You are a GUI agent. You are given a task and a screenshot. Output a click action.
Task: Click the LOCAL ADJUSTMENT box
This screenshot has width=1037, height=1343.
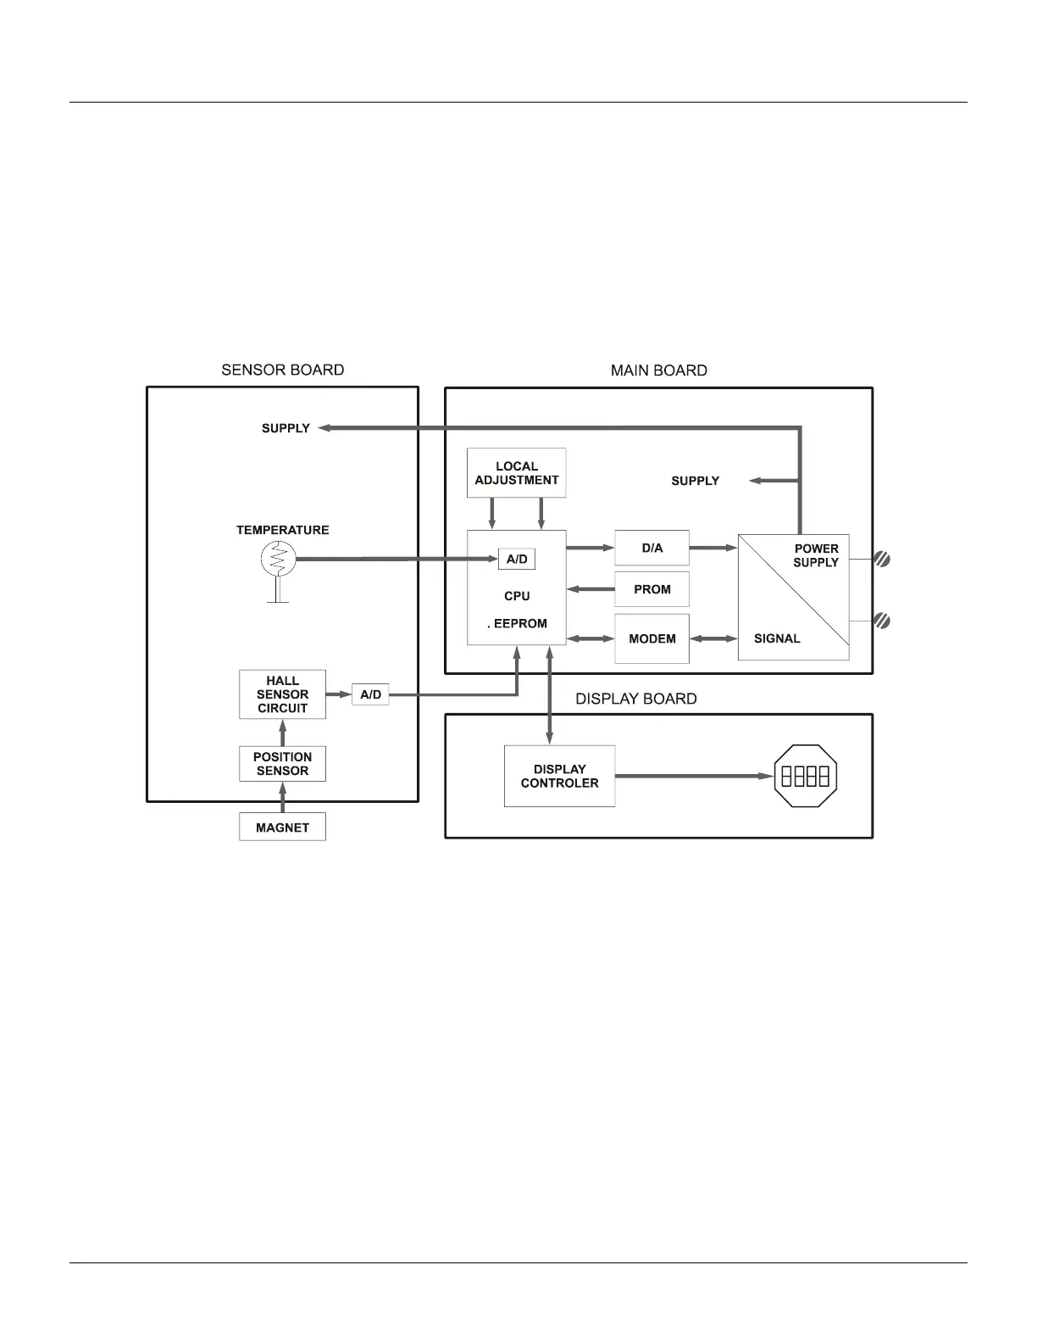(516, 473)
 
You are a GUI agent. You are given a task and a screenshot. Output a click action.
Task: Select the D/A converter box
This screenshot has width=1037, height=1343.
(652, 548)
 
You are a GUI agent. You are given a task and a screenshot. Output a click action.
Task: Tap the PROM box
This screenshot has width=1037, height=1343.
(652, 589)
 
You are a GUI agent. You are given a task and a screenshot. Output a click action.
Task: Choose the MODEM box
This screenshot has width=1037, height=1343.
(652, 638)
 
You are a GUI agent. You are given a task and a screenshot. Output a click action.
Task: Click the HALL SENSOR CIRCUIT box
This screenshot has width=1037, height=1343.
(282, 694)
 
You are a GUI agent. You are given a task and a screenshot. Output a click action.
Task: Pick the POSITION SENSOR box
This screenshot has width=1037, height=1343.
(282, 764)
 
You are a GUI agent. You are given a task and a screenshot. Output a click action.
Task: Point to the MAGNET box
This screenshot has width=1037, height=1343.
(282, 828)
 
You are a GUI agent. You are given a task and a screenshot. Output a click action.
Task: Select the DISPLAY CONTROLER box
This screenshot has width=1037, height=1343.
(559, 776)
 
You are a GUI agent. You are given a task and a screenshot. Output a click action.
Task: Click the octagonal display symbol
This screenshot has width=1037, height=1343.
(805, 776)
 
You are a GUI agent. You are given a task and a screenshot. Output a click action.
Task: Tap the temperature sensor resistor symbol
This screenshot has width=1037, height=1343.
(278, 559)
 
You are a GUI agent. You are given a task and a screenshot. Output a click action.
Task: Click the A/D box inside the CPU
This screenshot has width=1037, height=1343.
(517, 560)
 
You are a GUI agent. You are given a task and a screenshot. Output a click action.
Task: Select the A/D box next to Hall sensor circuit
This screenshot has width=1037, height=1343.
(370, 694)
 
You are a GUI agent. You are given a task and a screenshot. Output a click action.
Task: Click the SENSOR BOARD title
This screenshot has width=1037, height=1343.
(282, 370)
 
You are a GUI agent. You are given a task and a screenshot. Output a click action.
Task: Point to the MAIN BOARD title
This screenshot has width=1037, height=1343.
(658, 371)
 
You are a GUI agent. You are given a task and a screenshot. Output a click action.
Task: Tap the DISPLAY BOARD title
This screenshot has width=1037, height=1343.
(635, 699)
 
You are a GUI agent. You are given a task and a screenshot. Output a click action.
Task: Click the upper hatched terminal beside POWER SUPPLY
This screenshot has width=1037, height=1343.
(882, 560)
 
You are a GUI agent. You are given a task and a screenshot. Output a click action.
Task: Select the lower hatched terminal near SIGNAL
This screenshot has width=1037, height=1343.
(882, 621)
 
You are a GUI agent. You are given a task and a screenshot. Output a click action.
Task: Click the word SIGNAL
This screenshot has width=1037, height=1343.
(777, 638)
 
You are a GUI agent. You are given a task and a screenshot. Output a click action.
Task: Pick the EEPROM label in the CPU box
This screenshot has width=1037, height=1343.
(519, 623)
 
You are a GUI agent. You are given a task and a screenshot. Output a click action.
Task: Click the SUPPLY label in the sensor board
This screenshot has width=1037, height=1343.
(286, 428)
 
